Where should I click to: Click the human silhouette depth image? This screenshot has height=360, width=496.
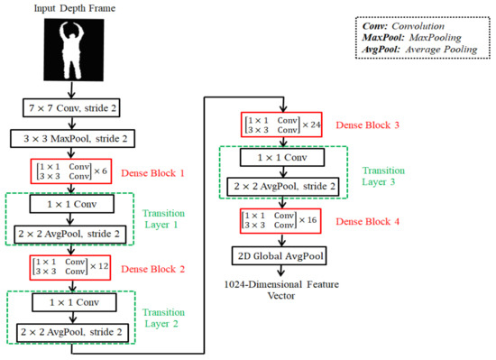coord(74,50)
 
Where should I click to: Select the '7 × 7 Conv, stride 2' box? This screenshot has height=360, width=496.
coord(75,107)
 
